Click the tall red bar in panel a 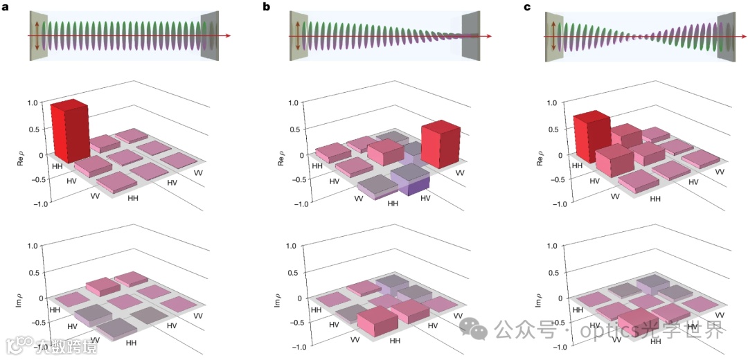(70, 132)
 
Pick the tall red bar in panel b (440, 145)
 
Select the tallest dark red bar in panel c (591, 138)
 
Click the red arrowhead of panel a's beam (227, 35)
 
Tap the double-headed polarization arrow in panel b (298, 35)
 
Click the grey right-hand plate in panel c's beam (727, 35)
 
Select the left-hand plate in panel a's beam (38, 35)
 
